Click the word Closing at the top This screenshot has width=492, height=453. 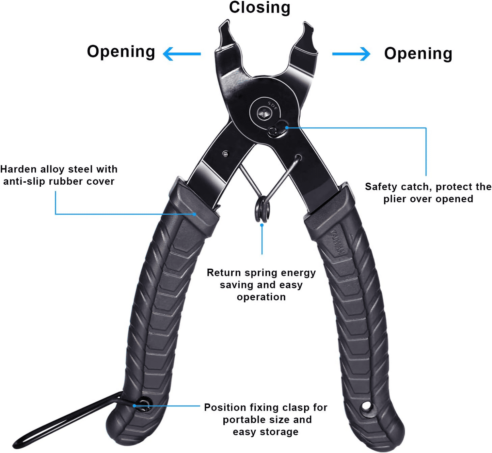coord(259,8)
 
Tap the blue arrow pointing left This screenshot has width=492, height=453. coord(182,54)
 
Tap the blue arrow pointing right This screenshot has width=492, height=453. coord(351,54)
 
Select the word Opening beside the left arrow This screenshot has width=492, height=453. coord(121,52)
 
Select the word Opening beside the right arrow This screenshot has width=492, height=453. coord(418,54)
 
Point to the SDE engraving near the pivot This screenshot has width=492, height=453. coord(273,106)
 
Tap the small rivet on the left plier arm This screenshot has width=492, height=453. coord(225,154)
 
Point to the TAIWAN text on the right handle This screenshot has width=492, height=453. coord(337,242)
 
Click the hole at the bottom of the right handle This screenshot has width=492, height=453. coord(366,406)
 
